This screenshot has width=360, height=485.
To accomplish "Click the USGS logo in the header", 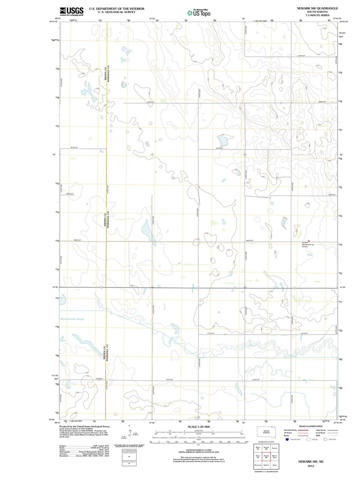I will [71, 11].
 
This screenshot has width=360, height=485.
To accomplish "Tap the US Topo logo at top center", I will [199, 13].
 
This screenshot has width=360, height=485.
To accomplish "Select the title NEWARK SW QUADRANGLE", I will [317, 8].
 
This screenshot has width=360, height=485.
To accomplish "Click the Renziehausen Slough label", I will [72, 319].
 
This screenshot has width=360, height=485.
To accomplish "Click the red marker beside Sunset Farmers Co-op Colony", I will [309, 241].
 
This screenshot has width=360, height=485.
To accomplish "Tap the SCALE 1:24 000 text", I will [199, 427].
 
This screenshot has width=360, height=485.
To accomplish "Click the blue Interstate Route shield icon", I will [287, 439].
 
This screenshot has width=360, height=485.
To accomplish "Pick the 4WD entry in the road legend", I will [318, 435].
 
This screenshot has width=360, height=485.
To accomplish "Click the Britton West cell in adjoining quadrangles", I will [275, 456].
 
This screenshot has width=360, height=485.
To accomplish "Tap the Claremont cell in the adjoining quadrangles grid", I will [258, 465].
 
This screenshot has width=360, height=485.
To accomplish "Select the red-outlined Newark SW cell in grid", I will [266, 456].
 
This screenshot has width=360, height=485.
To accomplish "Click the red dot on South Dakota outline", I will [272, 427].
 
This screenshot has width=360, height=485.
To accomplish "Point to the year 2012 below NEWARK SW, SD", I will [311, 466].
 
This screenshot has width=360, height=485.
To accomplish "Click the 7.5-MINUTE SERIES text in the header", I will [317, 15].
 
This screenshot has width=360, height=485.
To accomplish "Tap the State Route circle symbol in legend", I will [325, 439].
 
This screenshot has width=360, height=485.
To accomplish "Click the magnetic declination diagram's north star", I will [129, 426].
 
